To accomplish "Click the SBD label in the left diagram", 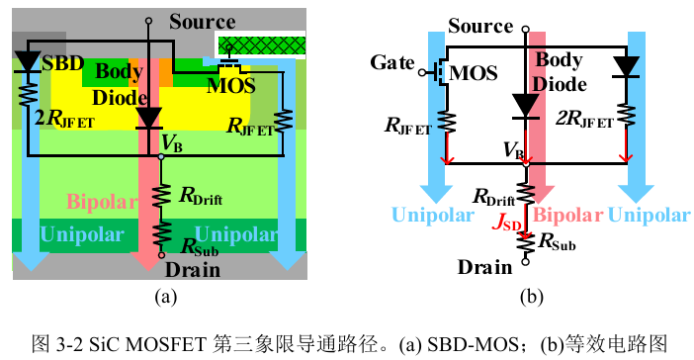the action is point(63,63).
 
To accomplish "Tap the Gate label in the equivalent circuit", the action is point(392,62).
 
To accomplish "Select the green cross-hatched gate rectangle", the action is point(262,45).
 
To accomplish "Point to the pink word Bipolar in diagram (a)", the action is point(102,202).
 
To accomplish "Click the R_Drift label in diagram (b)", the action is point(494,197).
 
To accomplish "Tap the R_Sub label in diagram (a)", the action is point(200,247).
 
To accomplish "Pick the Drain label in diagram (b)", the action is point(485,267).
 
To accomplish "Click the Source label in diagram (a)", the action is point(203,21).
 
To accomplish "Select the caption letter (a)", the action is point(166,297).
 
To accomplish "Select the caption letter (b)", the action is point(532,297).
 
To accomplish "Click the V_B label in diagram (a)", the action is point(172,143).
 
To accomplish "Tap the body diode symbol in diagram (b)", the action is point(525,106).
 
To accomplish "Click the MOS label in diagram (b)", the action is point(474,73).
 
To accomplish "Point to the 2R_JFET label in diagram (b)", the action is point(584,119).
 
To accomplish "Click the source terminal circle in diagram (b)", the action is point(525,30).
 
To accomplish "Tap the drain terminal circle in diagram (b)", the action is point(525,261).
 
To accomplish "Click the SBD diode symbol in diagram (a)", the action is point(28,62).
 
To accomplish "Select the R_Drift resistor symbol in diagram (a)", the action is point(161,196).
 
